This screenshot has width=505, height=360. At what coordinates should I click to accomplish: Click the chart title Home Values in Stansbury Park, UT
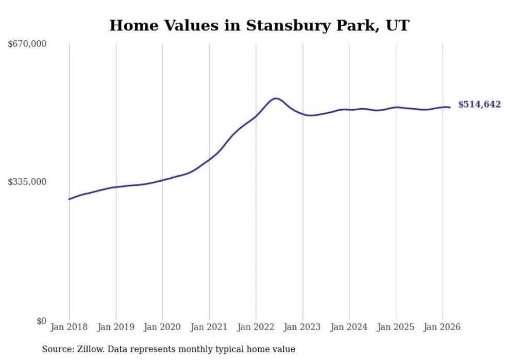point(259,26)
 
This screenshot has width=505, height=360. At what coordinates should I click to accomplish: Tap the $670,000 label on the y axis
point(27,44)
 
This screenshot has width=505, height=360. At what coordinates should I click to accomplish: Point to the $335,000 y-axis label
point(27,182)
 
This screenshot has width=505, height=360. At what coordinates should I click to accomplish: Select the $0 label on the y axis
point(41,321)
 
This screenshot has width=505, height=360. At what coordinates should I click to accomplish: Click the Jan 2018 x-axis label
point(69,327)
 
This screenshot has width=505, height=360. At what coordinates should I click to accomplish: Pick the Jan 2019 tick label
point(115,327)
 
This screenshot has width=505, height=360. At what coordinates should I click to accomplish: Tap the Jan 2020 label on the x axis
point(162,327)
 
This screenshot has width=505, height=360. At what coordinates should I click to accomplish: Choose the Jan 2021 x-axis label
point(209,327)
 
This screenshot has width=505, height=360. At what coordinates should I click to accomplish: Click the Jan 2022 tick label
point(256,327)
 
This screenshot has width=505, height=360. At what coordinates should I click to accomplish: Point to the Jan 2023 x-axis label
point(302,327)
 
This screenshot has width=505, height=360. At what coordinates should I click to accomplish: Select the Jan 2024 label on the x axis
point(349,327)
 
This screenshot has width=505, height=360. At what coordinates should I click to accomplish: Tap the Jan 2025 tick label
point(396,327)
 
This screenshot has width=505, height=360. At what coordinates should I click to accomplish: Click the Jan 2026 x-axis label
point(442,327)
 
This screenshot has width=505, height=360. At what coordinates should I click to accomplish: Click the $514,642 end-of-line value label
point(479,105)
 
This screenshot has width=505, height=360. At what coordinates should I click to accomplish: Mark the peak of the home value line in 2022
point(276,98)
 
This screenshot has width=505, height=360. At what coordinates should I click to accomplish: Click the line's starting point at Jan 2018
point(69,199)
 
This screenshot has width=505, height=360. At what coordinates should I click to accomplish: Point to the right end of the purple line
point(450,107)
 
